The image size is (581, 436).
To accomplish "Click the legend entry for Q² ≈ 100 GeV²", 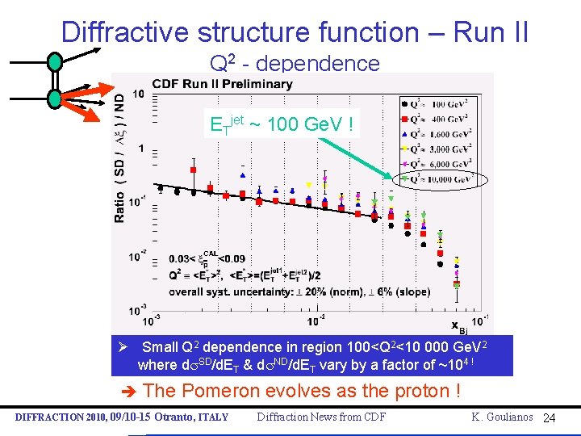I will [436, 103].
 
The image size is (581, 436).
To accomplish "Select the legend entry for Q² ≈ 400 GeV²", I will [436, 119].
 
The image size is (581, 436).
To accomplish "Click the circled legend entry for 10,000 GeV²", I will [436, 178].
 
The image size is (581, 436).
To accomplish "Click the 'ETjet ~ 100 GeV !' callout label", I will [281, 125].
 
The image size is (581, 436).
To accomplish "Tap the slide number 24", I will [550, 417].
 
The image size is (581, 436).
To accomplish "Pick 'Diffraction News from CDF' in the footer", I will [320, 417].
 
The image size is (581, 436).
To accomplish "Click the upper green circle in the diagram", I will [54, 61].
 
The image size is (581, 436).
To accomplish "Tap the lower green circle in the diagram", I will [54, 98].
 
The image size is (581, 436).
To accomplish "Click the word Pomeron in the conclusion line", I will [220, 392].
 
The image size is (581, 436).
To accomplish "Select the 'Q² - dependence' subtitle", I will [294, 63].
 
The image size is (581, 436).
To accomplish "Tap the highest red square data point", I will [193, 170].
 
